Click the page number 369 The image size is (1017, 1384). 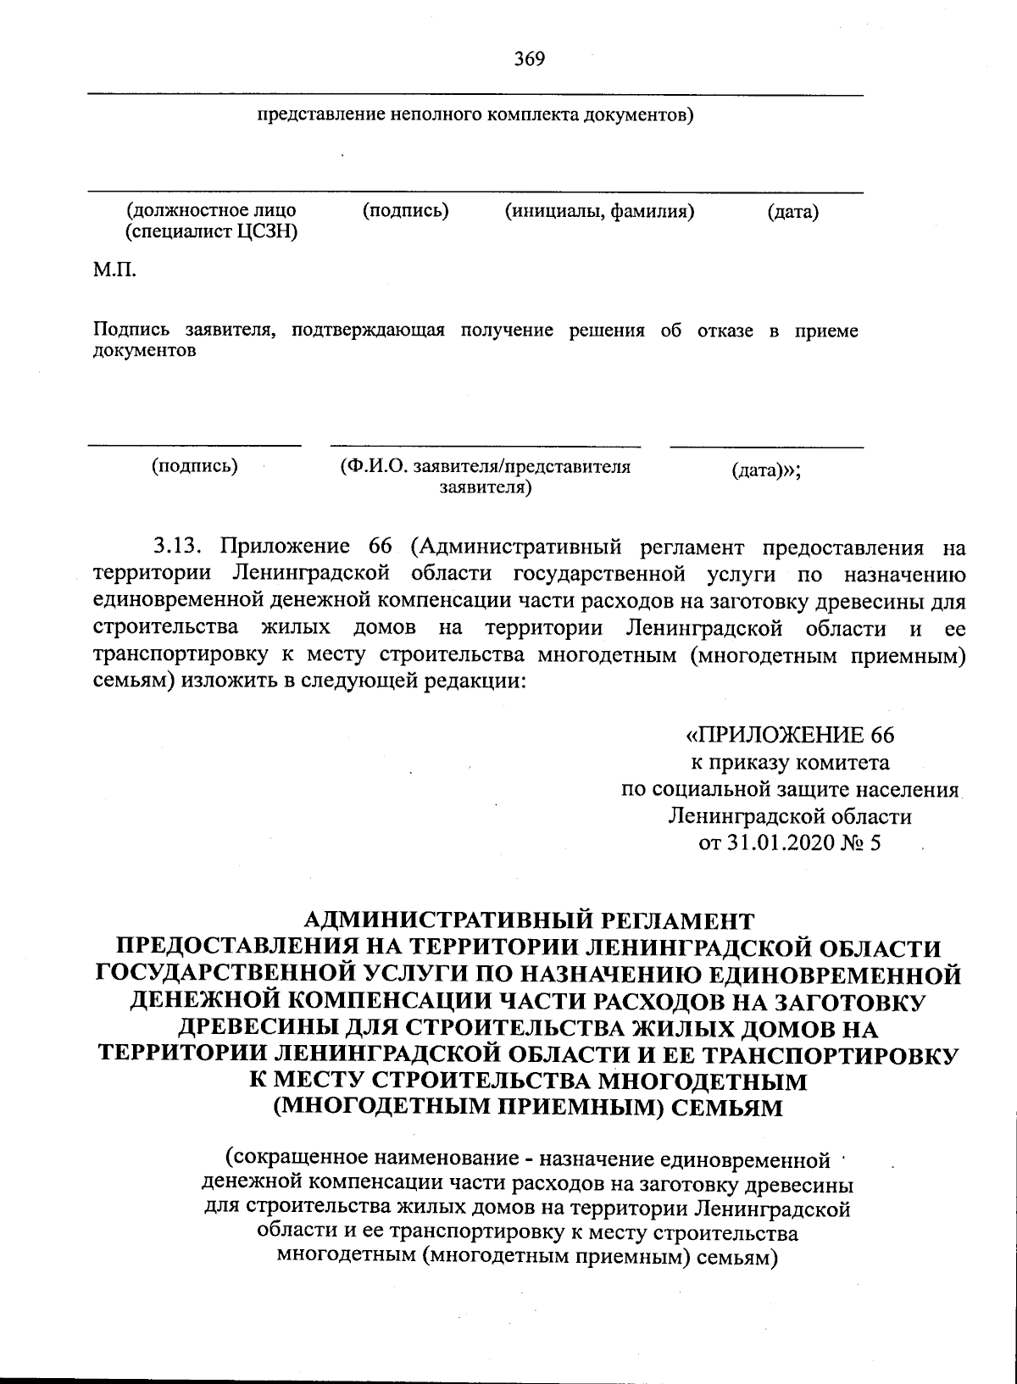tap(529, 58)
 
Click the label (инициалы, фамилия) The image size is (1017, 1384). tap(599, 212)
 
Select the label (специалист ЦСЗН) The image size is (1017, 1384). tap(211, 232)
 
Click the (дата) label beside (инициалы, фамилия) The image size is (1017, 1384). tap(792, 212)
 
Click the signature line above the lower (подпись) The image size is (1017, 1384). tap(195, 445)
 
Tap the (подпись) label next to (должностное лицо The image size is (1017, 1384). tap(405, 210)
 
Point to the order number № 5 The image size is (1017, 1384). tap(864, 843)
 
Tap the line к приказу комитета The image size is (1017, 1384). tap(790, 762)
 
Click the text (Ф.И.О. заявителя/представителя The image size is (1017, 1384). tap(485, 467)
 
